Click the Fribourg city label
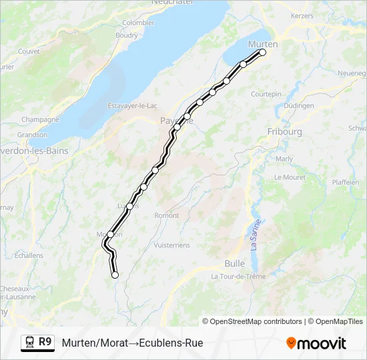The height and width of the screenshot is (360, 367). click(x=284, y=132)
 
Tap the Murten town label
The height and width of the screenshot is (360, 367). click(x=262, y=43)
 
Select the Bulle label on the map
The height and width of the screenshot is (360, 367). click(x=234, y=263)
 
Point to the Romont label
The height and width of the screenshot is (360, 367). click(x=166, y=215)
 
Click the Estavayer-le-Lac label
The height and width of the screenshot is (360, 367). click(x=132, y=105)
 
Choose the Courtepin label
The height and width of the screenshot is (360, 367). click(x=266, y=94)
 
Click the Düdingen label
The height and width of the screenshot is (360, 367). click(x=298, y=105)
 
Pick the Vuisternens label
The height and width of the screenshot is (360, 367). click(x=171, y=245)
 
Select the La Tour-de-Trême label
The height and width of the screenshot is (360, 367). click(x=238, y=276)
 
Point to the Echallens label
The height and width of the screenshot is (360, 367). click(x=29, y=255)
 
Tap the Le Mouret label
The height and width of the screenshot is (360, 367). click(x=290, y=177)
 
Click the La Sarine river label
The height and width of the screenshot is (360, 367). click(x=255, y=237)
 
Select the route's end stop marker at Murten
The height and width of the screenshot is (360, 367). click(x=262, y=52)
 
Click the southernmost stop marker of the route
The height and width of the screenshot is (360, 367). click(x=115, y=275)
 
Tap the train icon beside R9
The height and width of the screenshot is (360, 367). click(x=29, y=343)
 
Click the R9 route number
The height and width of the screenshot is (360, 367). click(x=45, y=342)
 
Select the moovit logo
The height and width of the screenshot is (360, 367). click(x=316, y=343)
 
